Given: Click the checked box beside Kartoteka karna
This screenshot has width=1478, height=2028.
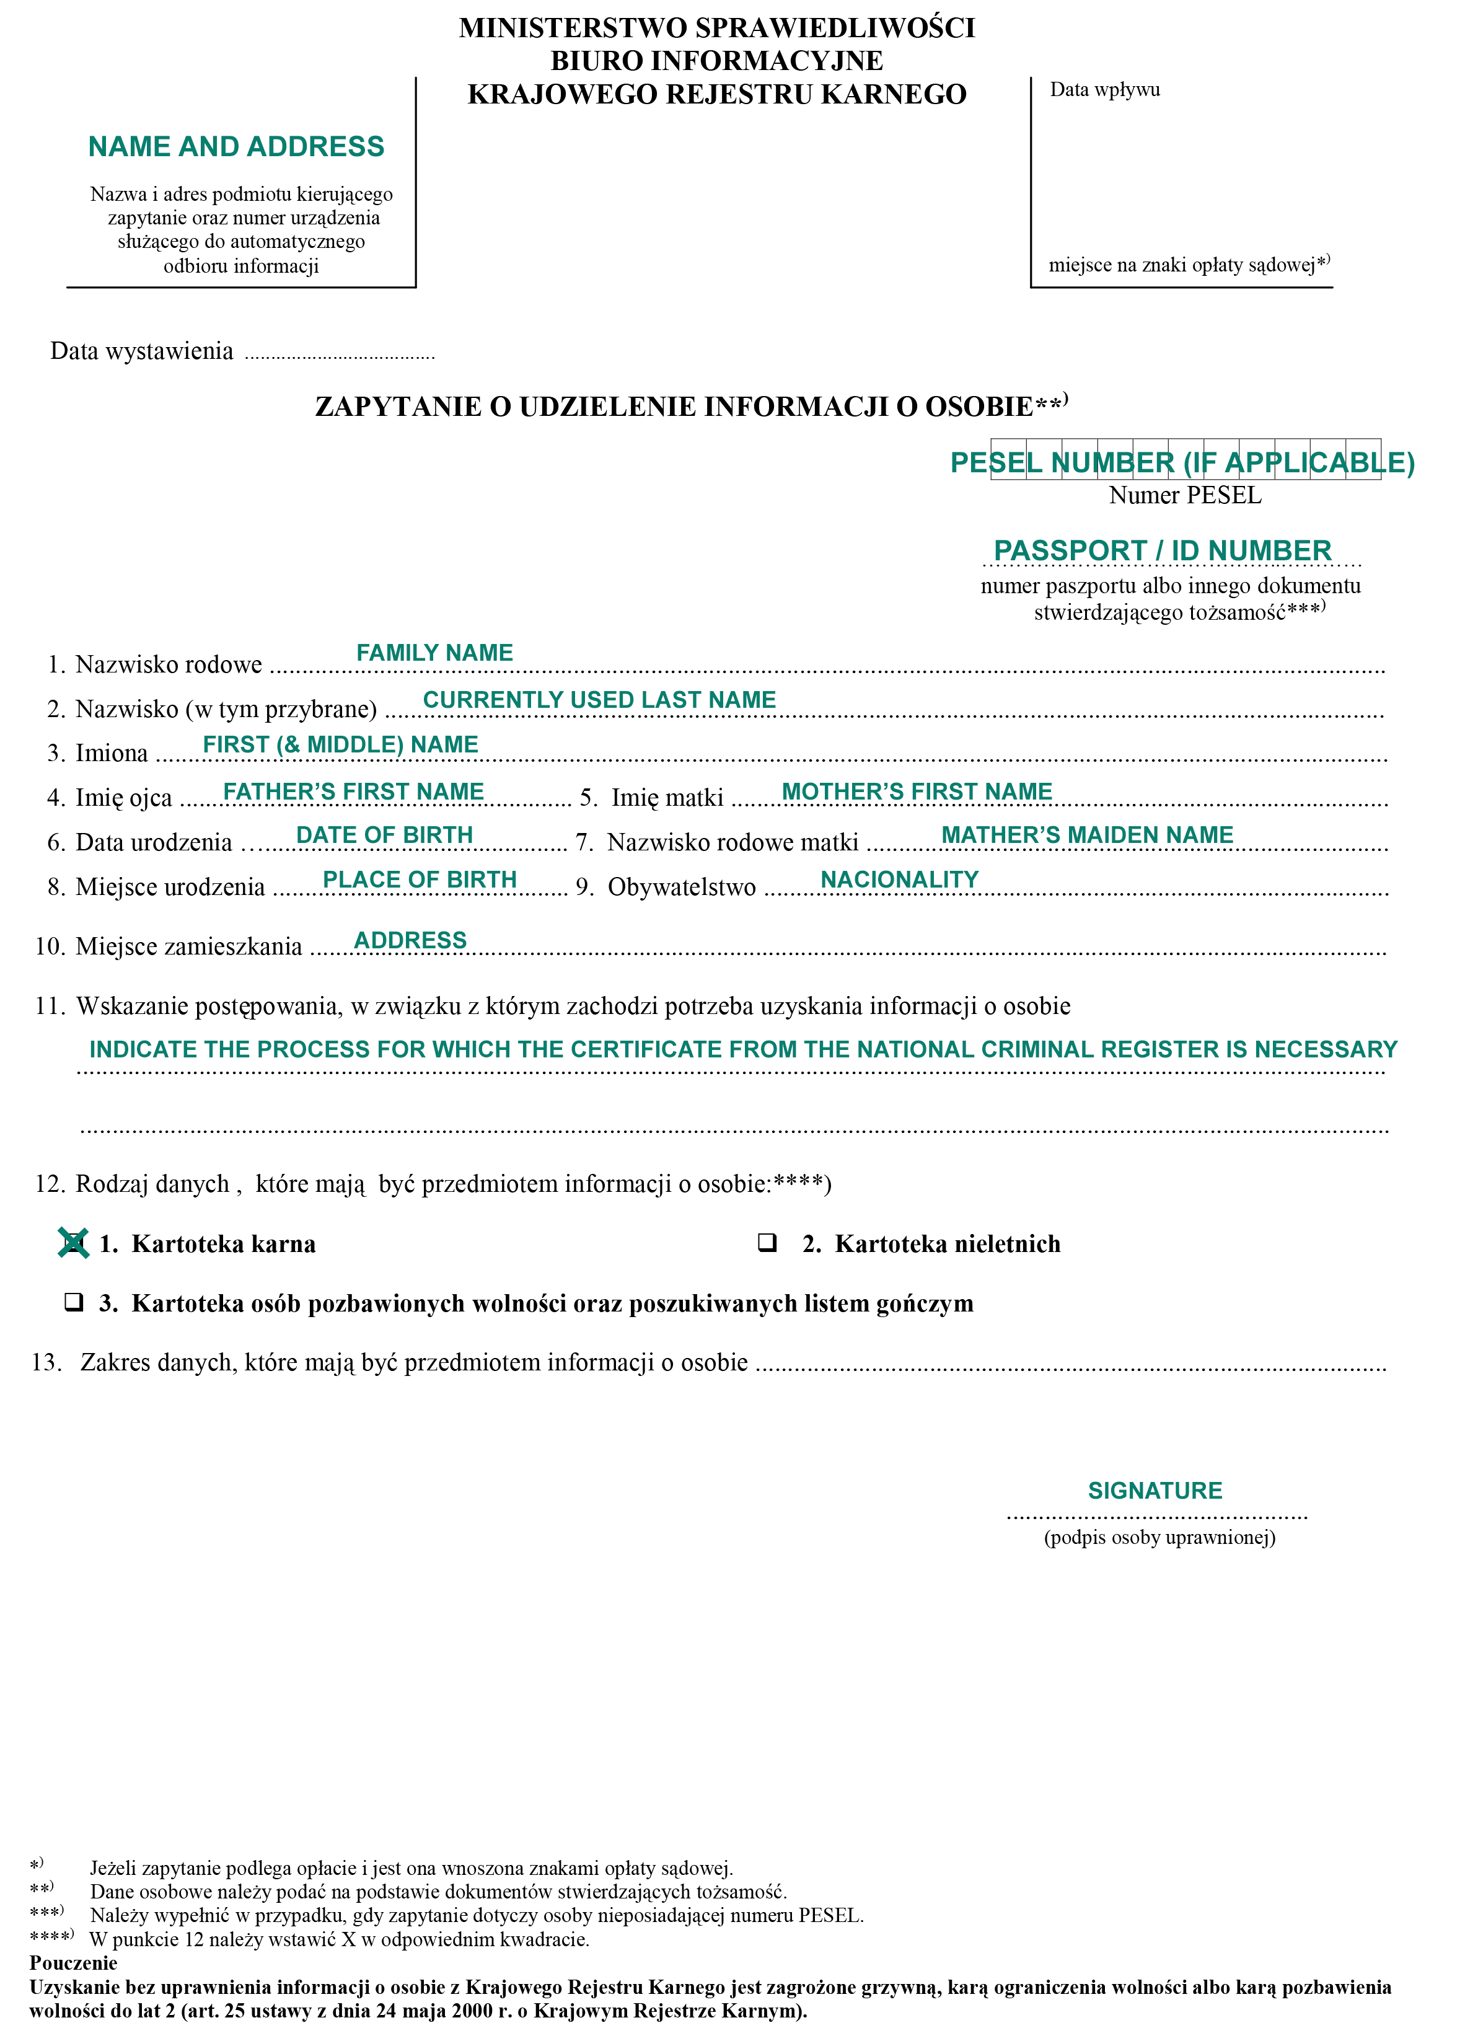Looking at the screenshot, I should coord(73,1243).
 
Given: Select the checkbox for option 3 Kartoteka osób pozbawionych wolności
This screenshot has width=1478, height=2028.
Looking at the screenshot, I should coord(73,1302).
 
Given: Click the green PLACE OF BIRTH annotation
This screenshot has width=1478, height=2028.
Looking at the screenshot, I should coord(420,880).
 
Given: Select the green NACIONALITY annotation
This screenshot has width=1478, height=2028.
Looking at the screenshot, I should coord(899,880).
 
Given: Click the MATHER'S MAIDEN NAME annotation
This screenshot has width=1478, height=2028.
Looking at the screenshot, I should coord(1087,835).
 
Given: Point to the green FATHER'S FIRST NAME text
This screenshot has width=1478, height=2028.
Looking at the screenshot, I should coord(353,791).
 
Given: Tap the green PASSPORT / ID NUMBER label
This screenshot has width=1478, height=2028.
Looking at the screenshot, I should coord(1162,550).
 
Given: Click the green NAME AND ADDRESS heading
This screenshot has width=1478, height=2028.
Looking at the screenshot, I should coord(236,146).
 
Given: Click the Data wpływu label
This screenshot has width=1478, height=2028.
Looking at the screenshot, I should coord(1104,89).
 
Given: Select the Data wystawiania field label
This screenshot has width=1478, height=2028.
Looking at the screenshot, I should coord(141,351).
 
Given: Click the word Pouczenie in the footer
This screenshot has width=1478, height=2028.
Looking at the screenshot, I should coord(73,1964).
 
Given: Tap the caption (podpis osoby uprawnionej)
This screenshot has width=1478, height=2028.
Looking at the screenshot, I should coord(1159,1538).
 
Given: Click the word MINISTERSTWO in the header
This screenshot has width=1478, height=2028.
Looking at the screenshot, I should coord(573,28).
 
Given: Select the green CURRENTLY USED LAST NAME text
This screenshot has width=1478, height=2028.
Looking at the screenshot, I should coord(599,700).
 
